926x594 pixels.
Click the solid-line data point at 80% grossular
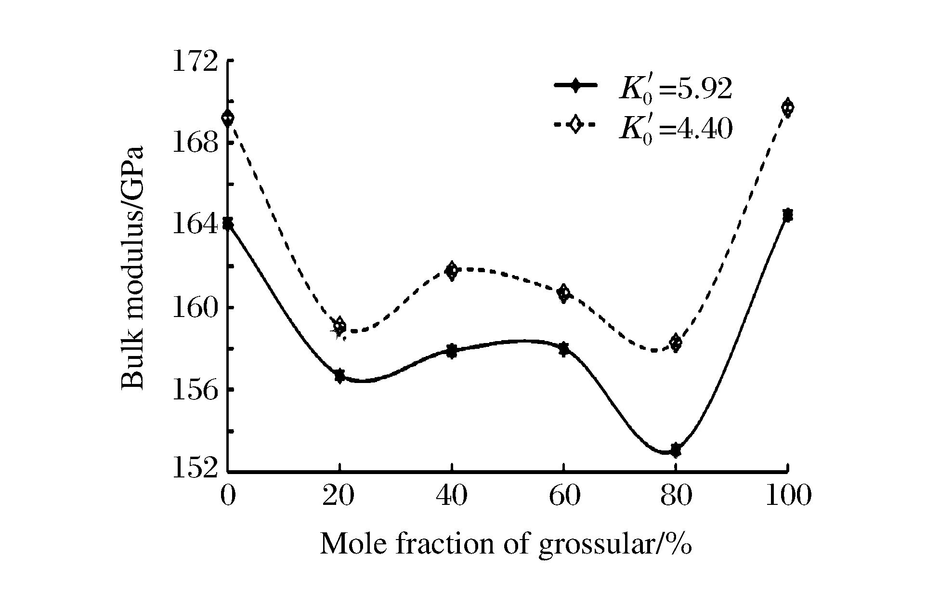(x=676, y=450)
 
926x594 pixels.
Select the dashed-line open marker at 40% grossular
(x=452, y=271)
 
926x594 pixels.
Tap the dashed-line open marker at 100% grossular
(x=787, y=107)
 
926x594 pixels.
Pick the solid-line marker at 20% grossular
(x=339, y=376)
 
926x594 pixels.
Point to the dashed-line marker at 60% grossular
(x=563, y=293)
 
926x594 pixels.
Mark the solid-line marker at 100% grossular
(x=787, y=215)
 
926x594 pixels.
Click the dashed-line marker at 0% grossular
(x=228, y=118)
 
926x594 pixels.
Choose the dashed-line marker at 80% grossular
(x=676, y=343)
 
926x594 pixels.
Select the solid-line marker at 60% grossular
(x=563, y=349)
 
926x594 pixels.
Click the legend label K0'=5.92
(x=675, y=89)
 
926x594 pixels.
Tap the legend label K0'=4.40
(x=675, y=128)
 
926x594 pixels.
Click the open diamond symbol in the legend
(x=575, y=124)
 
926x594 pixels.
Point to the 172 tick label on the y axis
(x=196, y=61)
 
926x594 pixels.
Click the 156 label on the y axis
(x=196, y=390)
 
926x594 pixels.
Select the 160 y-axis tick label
(x=196, y=308)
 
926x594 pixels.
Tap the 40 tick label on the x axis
(x=452, y=496)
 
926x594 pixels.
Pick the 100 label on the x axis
(x=787, y=496)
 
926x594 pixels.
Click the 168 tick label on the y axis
(x=196, y=144)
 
